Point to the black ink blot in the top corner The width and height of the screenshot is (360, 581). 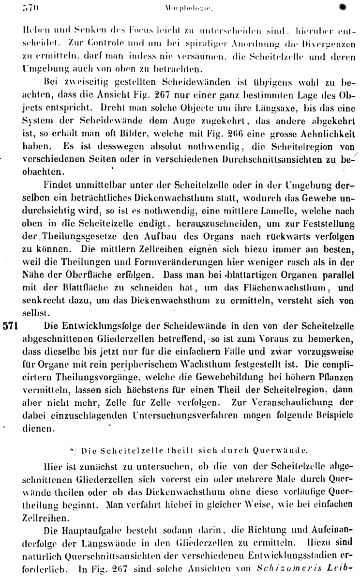343,7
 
